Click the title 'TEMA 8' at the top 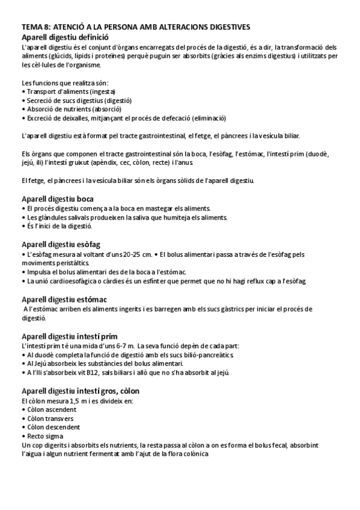click(x=36, y=27)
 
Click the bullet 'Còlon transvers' click(x=49, y=419)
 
